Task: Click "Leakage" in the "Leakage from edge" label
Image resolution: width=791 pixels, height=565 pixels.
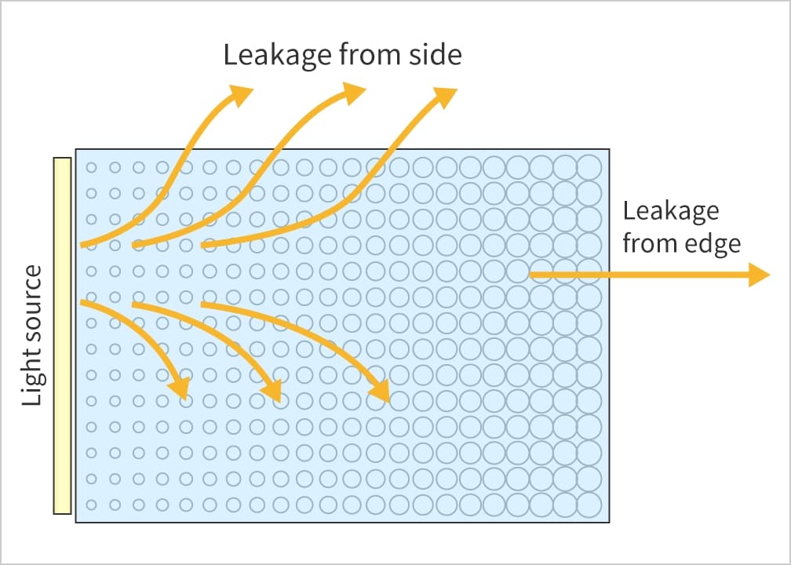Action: (671, 212)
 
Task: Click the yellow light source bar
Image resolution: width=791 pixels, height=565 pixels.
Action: (62, 336)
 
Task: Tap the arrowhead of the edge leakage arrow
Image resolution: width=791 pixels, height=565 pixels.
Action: (760, 275)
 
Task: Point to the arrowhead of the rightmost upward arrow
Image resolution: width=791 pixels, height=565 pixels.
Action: (446, 96)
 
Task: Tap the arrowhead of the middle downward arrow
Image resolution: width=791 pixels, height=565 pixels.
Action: (272, 390)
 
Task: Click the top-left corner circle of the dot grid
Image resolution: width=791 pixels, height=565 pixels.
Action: (91, 167)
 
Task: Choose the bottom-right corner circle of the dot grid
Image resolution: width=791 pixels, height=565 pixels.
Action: (589, 503)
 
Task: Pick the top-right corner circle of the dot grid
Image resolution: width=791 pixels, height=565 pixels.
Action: (589, 167)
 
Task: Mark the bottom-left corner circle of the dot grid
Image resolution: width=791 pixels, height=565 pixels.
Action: (91, 504)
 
